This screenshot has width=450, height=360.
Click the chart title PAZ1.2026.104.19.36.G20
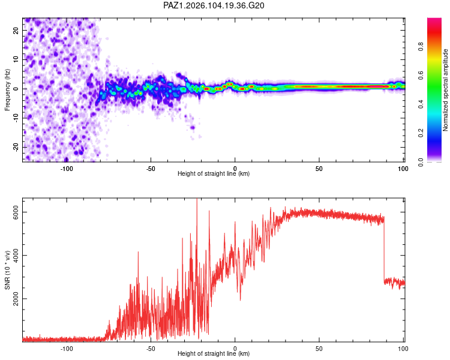point(214,5)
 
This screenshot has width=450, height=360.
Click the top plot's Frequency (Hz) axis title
point(7,90)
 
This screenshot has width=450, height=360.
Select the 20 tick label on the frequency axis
point(16,30)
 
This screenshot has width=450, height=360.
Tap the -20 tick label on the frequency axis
point(16,148)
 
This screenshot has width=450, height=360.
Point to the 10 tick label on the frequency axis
point(16,59)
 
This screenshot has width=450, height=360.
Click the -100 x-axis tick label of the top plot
point(66,169)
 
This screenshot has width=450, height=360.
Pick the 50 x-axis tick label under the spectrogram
point(319,169)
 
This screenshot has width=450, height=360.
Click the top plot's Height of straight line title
point(214,173)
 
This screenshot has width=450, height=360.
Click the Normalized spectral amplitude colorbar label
point(445,90)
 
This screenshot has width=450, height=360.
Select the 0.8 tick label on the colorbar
point(421,47)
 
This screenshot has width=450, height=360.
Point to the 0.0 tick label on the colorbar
point(421,162)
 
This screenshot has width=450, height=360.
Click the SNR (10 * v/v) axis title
point(7,270)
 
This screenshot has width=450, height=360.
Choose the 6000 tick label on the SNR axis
point(16,212)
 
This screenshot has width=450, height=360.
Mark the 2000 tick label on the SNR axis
point(16,299)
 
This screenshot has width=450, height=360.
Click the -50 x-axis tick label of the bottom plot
point(151,349)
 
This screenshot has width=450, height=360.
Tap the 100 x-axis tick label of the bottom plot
point(403,349)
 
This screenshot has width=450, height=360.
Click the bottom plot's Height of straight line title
point(214,353)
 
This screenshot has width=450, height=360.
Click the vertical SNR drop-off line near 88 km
point(384,250)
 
